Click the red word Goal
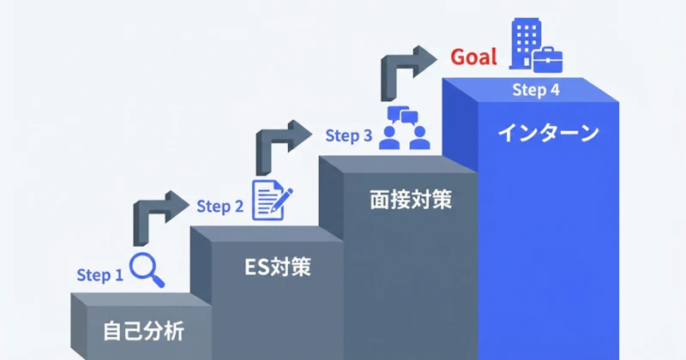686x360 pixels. [x=474, y=57]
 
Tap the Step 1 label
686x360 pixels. [x=99, y=275]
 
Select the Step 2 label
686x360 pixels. [x=220, y=206]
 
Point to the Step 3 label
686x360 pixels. [x=349, y=135]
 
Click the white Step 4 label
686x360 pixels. [x=536, y=90]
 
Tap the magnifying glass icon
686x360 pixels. [x=147, y=270]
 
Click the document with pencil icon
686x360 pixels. [x=272, y=200]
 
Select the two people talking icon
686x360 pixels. [x=404, y=128]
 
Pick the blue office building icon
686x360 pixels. [x=525, y=44]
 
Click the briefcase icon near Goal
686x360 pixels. [x=548, y=60]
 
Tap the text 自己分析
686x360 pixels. [x=143, y=331]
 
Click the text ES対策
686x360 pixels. [x=277, y=267]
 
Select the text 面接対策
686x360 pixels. [x=411, y=200]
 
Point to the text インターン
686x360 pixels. [x=548, y=133]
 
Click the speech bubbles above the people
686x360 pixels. [x=402, y=115]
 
